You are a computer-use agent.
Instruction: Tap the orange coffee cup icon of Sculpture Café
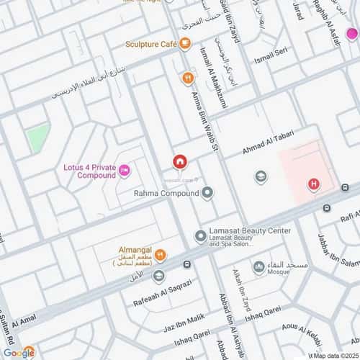(x=186, y=45)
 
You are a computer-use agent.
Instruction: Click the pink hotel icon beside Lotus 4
(x=125, y=171)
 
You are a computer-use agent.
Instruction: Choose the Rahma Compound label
(x=166, y=194)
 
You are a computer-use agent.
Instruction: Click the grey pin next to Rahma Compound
(x=207, y=193)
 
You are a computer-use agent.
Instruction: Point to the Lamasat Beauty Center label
(x=249, y=231)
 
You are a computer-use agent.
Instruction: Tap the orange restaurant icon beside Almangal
(x=161, y=254)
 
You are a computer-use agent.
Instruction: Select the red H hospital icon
(x=314, y=184)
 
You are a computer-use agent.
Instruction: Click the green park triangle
(x=37, y=137)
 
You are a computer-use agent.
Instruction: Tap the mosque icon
(x=258, y=267)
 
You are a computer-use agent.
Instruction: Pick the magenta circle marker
(x=351, y=33)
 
